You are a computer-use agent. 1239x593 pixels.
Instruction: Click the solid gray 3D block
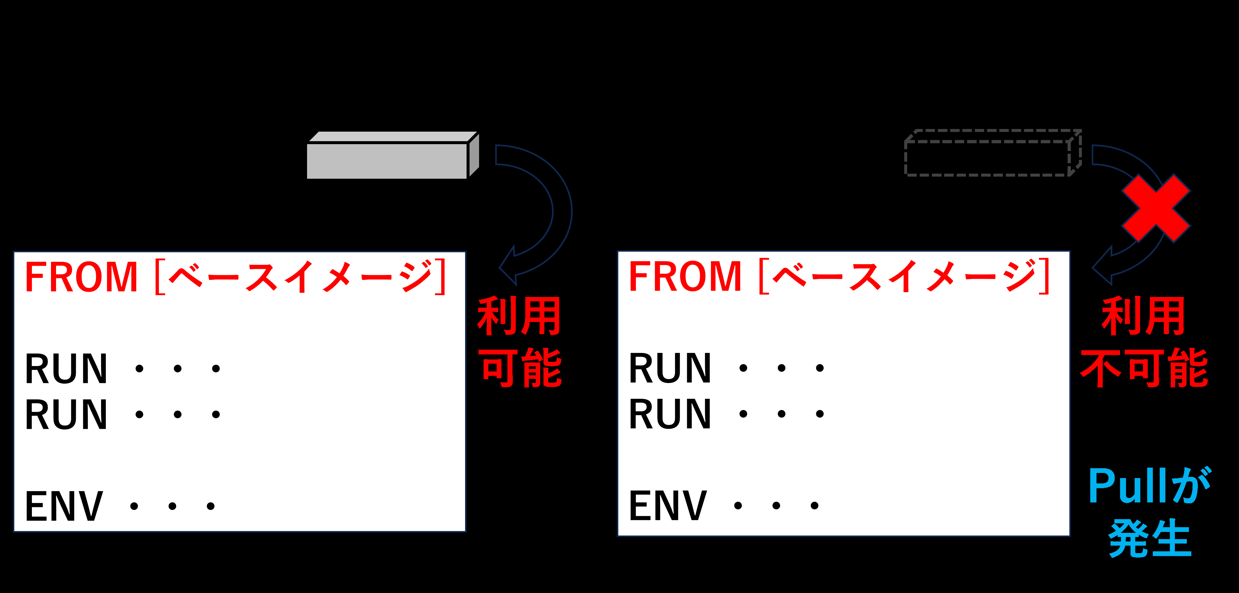pos(393,155)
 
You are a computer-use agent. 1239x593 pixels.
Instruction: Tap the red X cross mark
pos(1156,208)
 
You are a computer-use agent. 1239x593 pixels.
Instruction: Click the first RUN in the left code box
pos(66,369)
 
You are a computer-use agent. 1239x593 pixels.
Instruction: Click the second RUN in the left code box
pos(66,415)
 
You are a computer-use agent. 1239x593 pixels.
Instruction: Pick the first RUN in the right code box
pos(670,368)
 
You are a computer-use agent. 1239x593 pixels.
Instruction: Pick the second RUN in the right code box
pos(670,414)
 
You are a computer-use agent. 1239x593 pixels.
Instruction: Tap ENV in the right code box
pos(668,505)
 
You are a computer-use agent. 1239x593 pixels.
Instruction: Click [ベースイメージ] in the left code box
pos(301,276)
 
